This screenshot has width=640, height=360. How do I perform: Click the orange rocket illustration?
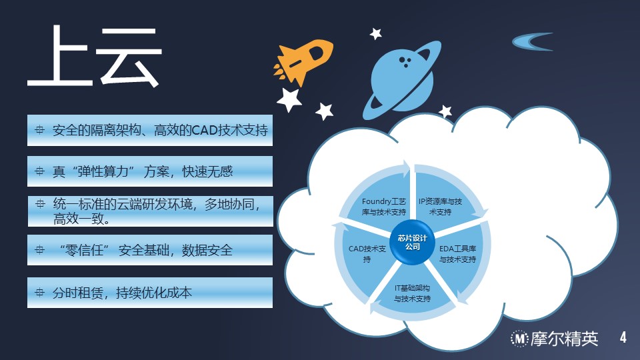pyautogui.click(x=304, y=61)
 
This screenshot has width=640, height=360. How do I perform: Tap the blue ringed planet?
pyautogui.click(x=403, y=80)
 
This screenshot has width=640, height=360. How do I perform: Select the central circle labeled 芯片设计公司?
pyautogui.click(x=412, y=242)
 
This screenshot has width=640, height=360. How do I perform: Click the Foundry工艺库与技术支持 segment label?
pyautogui.click(x=384, y=207)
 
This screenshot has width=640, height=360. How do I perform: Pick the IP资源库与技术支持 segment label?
pyautogui.click(x=440, y=207)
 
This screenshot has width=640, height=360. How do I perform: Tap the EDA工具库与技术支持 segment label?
pyautogui.click(x=457, y=254)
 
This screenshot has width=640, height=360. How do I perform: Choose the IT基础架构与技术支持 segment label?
pyautogui.click(x=412, y=293)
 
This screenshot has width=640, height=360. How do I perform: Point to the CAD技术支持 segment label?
pyautogui.click(x=367, y=254)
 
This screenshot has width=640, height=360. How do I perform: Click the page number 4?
pyautogui.click(x=623, y=337)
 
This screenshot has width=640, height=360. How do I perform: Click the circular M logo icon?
pyautogui.click(x=519, y=339)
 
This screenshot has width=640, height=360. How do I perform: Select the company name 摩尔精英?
pyautogui.click(x=565, y=339)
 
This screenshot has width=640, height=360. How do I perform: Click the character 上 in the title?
pyautogui.click(x=59, y=55)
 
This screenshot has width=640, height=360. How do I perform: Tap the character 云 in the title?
pyautogui.click(x=129, y=57)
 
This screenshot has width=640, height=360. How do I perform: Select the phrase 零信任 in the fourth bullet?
pyautogui.click(x=85, y=250)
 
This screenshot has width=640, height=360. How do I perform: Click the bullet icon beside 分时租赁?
pyautogui.click(x=39, y=292)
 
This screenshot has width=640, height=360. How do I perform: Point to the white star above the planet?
pyautogui.click(x=375, y=33)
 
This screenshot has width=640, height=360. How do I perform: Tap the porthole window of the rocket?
pyautogui.click(x=316, y=53)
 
